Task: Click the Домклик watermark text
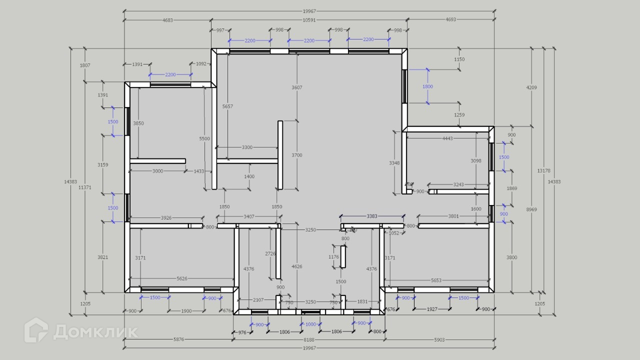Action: pos(95,332)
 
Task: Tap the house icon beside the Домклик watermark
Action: pos(36,330)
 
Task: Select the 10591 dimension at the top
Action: pos(309,20)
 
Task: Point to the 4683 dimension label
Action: pos(167,20)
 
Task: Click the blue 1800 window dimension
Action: pos(427,86)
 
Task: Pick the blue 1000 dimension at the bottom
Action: pos(310,324)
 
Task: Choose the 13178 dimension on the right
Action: pos(543,170)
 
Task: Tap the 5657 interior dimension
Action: pos(227,106)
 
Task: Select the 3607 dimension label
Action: pos(297,87)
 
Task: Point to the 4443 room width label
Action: pos(447,138)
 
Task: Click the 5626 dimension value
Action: pos(182,278)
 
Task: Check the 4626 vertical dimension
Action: pos(297,266)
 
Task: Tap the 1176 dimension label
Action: pos(333,257)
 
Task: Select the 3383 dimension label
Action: pos(372,216)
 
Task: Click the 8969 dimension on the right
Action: pos(531,209)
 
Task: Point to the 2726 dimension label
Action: pos(270,253)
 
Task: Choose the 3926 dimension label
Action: pos(166,217)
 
